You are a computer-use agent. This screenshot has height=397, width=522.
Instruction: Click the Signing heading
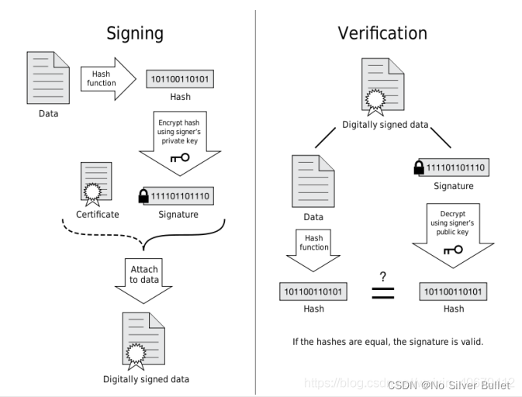(134, 33)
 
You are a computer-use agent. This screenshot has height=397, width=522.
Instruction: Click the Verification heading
(382, 33)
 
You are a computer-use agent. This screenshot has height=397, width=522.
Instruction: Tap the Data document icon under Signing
(48, 78)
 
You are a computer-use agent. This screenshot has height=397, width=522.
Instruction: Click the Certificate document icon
(97, 183)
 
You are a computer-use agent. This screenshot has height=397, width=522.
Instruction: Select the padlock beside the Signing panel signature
(143, 196)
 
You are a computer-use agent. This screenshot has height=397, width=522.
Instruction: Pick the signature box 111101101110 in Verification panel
(456, 167)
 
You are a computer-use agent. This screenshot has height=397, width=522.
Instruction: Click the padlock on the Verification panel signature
(419, 167)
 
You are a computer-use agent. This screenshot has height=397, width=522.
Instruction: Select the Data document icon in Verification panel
(313, 181)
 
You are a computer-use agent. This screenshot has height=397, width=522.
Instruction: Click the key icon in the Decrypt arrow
(453, 250)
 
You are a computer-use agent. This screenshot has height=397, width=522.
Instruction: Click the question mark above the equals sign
(383, 276)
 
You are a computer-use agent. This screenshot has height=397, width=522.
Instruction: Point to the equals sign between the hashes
(383, 293)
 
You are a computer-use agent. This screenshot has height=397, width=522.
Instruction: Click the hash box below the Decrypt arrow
(454, 292)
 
